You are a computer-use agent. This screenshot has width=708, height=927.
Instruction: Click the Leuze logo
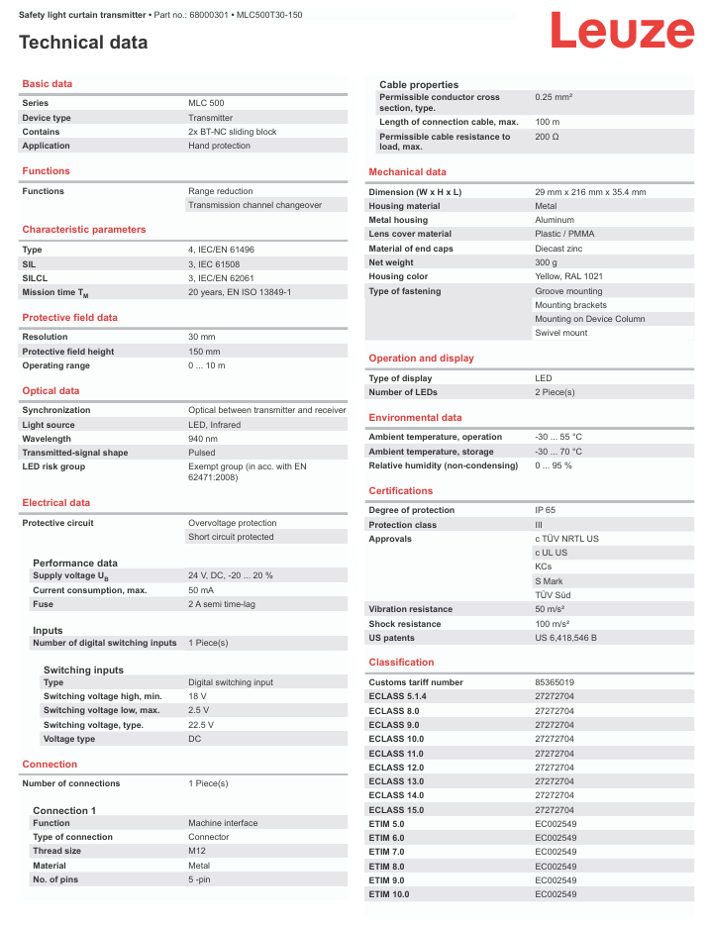pyautogui.click(x=622, y=31)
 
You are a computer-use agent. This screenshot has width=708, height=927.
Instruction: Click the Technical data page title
pyautogui.click(x=83, y=43)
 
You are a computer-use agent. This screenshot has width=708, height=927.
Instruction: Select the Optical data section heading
pyautogui.click(x=51, y=391)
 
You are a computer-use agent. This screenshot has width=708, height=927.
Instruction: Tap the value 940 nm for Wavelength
pyautogui.click(x=203, y=439)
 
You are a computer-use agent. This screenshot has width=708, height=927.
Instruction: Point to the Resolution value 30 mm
pyautogui.click(x=202, y=337)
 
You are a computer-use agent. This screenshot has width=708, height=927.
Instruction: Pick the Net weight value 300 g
pyautogui.click(x=547, y=262)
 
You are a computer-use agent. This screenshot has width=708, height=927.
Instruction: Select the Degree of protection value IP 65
pyautogui.click(x=546, y=510)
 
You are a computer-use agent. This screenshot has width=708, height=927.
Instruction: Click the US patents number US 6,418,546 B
pyautogui.click(x=565, y=638)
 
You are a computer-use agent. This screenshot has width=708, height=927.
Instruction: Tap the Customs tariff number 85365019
pyautogui.click(x=555, y=682)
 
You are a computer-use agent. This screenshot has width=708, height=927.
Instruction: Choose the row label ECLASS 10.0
pyautogui.click(x=396, y=739)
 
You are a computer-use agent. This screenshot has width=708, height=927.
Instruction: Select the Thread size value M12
pyautogui.click(x=198, y=851)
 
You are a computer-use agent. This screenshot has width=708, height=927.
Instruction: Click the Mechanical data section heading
pyautogui.click(x=407, y=172)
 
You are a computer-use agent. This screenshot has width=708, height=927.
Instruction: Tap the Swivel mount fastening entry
pyautogui.click(x=560, y=333)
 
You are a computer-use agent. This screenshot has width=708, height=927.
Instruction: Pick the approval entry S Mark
pyautogui.click(x=549, y=581)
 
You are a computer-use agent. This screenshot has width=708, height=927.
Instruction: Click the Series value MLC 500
pyautogui.click(x=206, y=103)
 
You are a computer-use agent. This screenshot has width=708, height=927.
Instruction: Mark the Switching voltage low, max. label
pyautogui.click(x=101, y=710)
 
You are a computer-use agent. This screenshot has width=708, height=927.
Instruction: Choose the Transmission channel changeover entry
pyautogui.click(x=254, y=205)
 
